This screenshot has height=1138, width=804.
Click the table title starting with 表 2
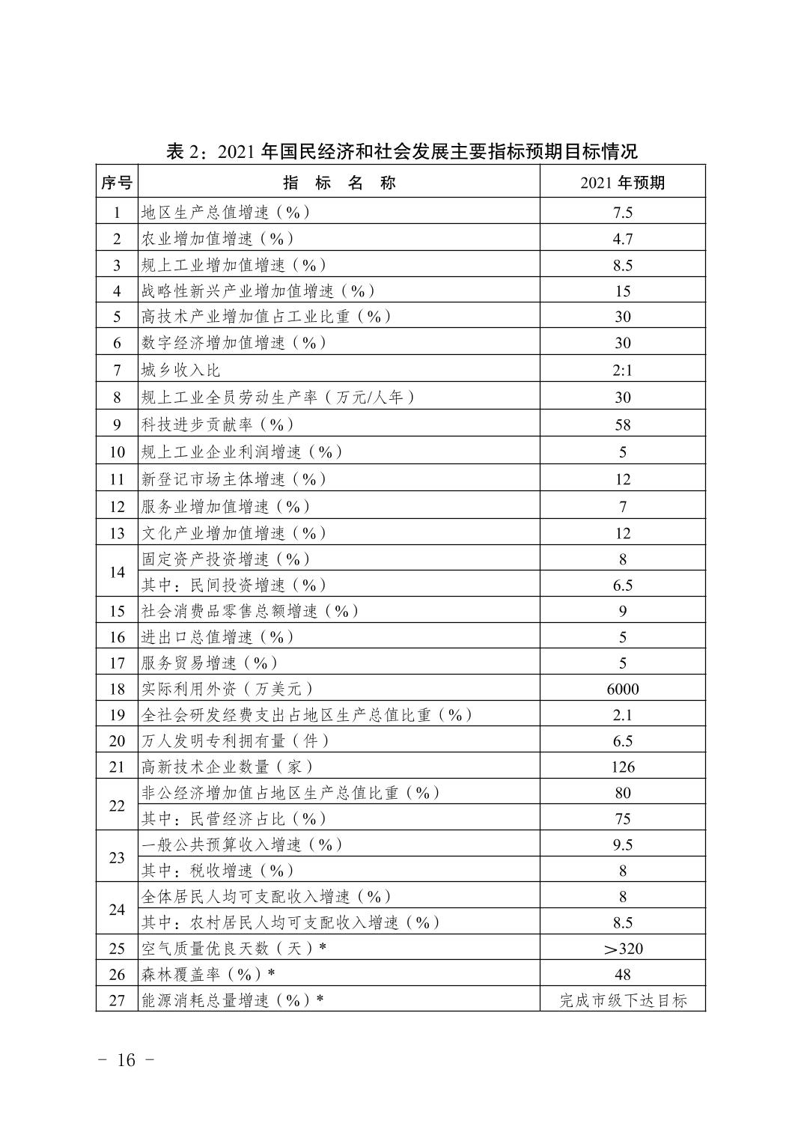pyautogui.click(x=401, y=151)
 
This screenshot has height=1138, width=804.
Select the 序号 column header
pyautogui.click(x=117, y=183)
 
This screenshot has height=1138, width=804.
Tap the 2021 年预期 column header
pyautogui.click(x=622, y=183)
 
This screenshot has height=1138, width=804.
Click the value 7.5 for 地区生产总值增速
pyautogui.click(x=622, y=213)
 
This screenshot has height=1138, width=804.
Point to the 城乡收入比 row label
pyautogui.click(x=180, y=370)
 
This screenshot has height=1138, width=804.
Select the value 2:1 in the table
pyautogui.click(x=622, y=370)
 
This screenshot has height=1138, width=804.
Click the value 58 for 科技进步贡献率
pyautogui.click(x=622, y=425)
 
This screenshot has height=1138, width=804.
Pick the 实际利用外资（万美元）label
pyautogui.click(x=228, y=689)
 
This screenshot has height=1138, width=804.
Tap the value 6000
pyautogui.click(x=622, y=689)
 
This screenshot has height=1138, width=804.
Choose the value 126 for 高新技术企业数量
pyautogui.click(x=622, y=767)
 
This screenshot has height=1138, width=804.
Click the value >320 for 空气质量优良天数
pyautogui.click(x=622, y=949)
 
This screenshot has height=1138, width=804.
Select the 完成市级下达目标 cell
pyautogui.click(x=622, y=1000)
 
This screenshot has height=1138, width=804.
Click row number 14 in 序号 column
pyautogui.click(x=117, y=572)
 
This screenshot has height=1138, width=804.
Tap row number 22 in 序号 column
pyautogui.click(x=117, y=806)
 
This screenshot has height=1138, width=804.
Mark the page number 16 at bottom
pyautogui.click(x=126, y=1060)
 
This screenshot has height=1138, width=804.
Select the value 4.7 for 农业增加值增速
pyautogui.click(x=622, y=239)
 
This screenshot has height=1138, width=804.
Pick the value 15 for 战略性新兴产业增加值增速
pyautogui.click(x=622, y=291)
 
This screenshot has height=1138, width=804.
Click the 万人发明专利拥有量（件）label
pyautogui.click(x=236, y=740)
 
